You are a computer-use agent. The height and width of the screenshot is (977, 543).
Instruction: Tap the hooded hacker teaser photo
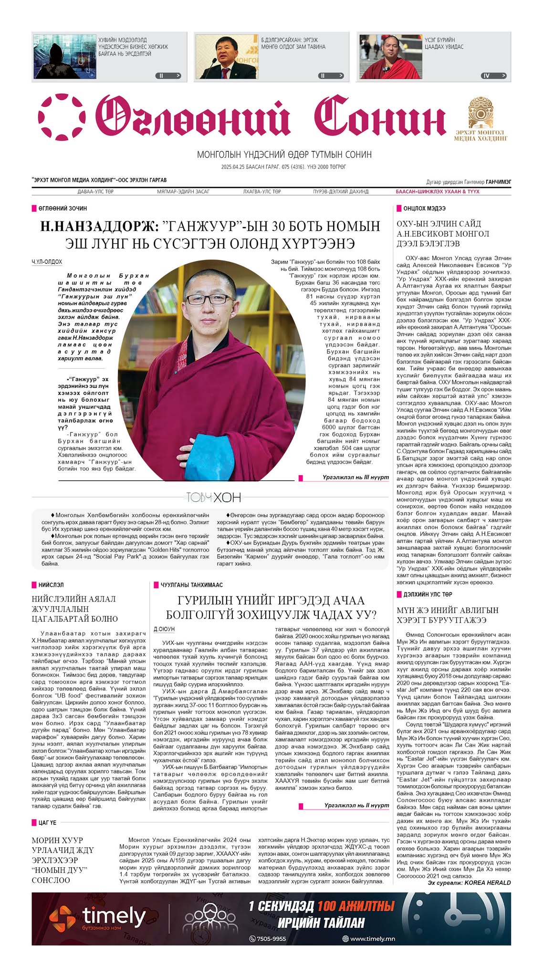pos(63,56)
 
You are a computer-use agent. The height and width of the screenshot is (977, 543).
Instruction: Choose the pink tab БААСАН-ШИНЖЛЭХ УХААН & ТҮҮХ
pos(437,192)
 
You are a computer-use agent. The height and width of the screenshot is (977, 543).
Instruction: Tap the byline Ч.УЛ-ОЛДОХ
pos(47,262)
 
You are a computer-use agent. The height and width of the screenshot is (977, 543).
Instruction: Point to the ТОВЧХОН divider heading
pos(211,498)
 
